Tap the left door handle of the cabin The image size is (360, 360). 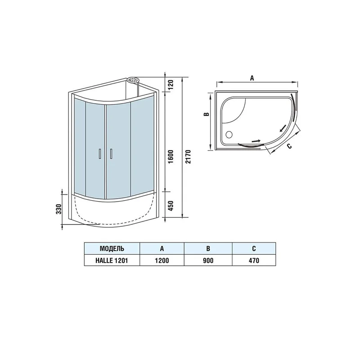pyautogui.click(x=99, y=153)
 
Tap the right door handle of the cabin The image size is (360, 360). pyautogui.click(x=111, y=153)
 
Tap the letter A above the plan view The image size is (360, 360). pyautogui.click(x=252, y=78)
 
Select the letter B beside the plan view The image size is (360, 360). pyautogui.click(x=205, y=114)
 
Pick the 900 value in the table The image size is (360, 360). pyautogui.click(x=208, y=260)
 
